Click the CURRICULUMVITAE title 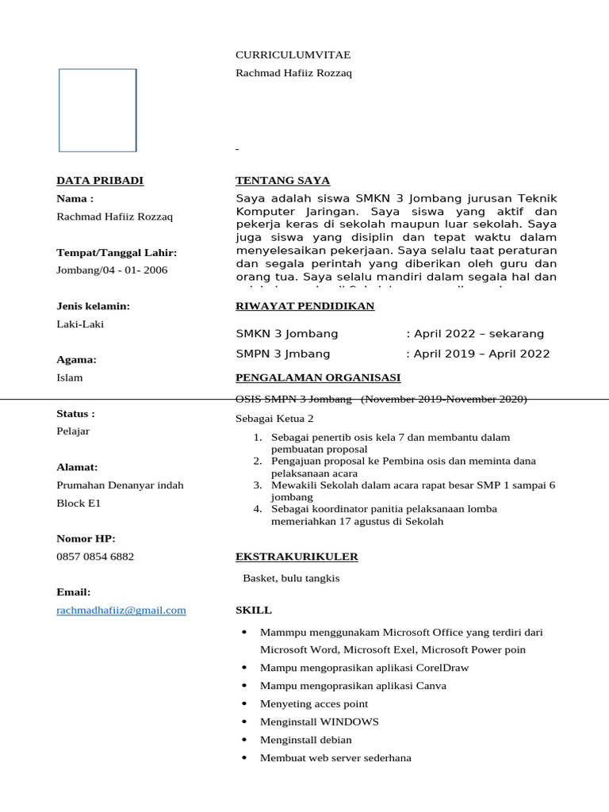[293, 55]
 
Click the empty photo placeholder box [98, 110]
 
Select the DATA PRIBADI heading [100, 181]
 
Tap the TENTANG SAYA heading [282, 181]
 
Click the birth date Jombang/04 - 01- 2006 [112, 270]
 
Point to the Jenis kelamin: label [93, 306]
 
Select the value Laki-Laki [80, 324]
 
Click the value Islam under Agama [70, 377]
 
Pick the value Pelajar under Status [73, 431]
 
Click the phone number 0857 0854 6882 [95, 557]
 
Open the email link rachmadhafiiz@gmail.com [121, 610]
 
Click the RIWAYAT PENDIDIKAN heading [304, 306]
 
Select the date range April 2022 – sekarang [477, 334]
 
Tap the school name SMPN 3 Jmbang [283, 354]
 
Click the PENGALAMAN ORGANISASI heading [318, 377]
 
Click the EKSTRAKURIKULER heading [297, 557]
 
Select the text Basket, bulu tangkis [291, 578]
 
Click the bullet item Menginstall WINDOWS [319, 722]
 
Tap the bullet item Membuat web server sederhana [335, 758]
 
